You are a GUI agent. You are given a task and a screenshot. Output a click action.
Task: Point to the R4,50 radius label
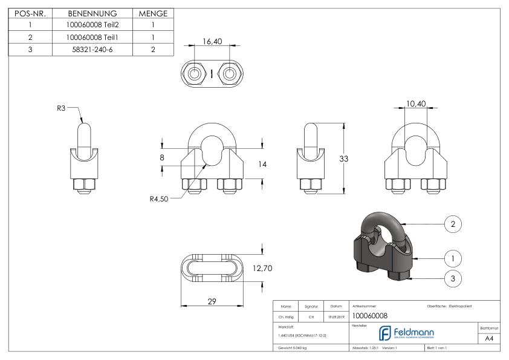coord(159,198)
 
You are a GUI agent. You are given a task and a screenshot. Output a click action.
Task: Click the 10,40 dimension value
coord(415,104)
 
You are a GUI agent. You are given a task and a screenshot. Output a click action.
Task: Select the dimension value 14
coord(262,163)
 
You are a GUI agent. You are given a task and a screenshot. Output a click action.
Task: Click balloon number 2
coord(453,224)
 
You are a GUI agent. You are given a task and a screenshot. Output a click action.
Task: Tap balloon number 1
coord(453,258)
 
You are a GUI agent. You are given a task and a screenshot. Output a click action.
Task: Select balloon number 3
coord(453,279)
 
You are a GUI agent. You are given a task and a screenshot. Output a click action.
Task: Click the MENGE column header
coord(153,13)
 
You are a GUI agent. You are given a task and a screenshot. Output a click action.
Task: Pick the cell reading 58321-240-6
coord(92,49)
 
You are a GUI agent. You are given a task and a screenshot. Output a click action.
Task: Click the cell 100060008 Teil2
coord(92,25)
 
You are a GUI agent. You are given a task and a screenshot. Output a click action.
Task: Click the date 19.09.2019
coord(337,316)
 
